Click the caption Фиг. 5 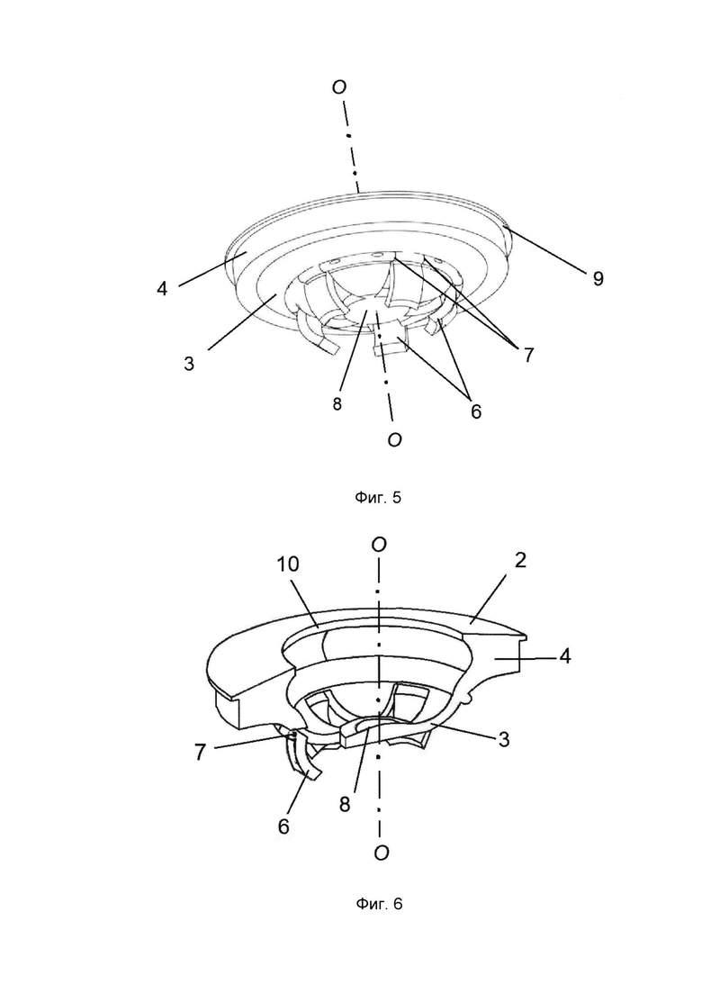coord(378,498)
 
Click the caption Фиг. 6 coord(379,904)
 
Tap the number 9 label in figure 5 coord(598,279)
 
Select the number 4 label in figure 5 coord(163,289)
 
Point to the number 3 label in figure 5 coord(189,364)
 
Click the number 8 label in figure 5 coord(337,405)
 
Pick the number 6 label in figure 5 coord(475,411)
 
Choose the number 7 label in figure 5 coord(528,355)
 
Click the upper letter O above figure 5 coord(339,87)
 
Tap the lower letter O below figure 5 coord(394,439)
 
